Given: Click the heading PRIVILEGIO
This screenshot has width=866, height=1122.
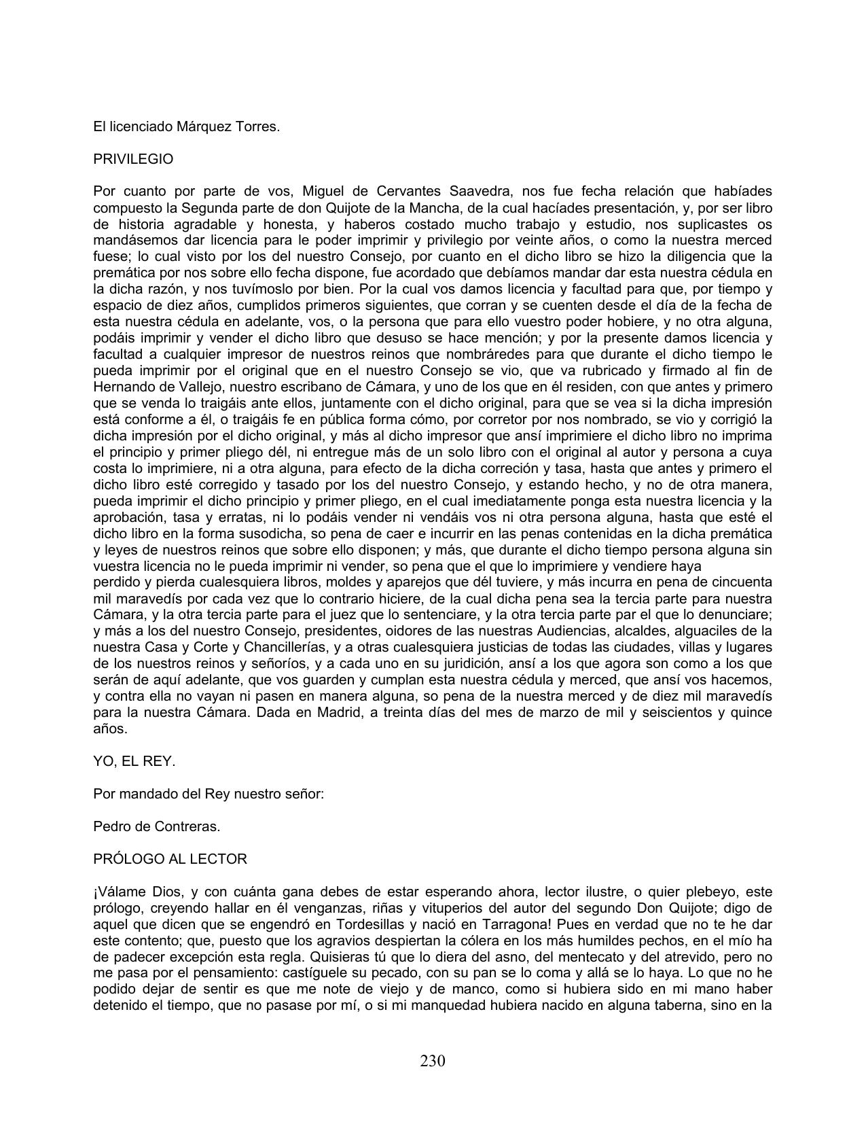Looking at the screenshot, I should [133, 159].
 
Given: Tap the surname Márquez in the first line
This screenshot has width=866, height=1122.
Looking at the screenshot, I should [209, 126].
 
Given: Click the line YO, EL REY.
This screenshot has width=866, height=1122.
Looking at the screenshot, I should [134, 762].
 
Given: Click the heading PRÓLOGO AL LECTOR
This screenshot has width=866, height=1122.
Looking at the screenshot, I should [170, 859].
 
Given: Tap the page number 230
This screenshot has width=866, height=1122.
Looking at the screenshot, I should [433, 1061].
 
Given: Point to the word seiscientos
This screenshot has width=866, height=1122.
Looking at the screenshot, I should [668, 713].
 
